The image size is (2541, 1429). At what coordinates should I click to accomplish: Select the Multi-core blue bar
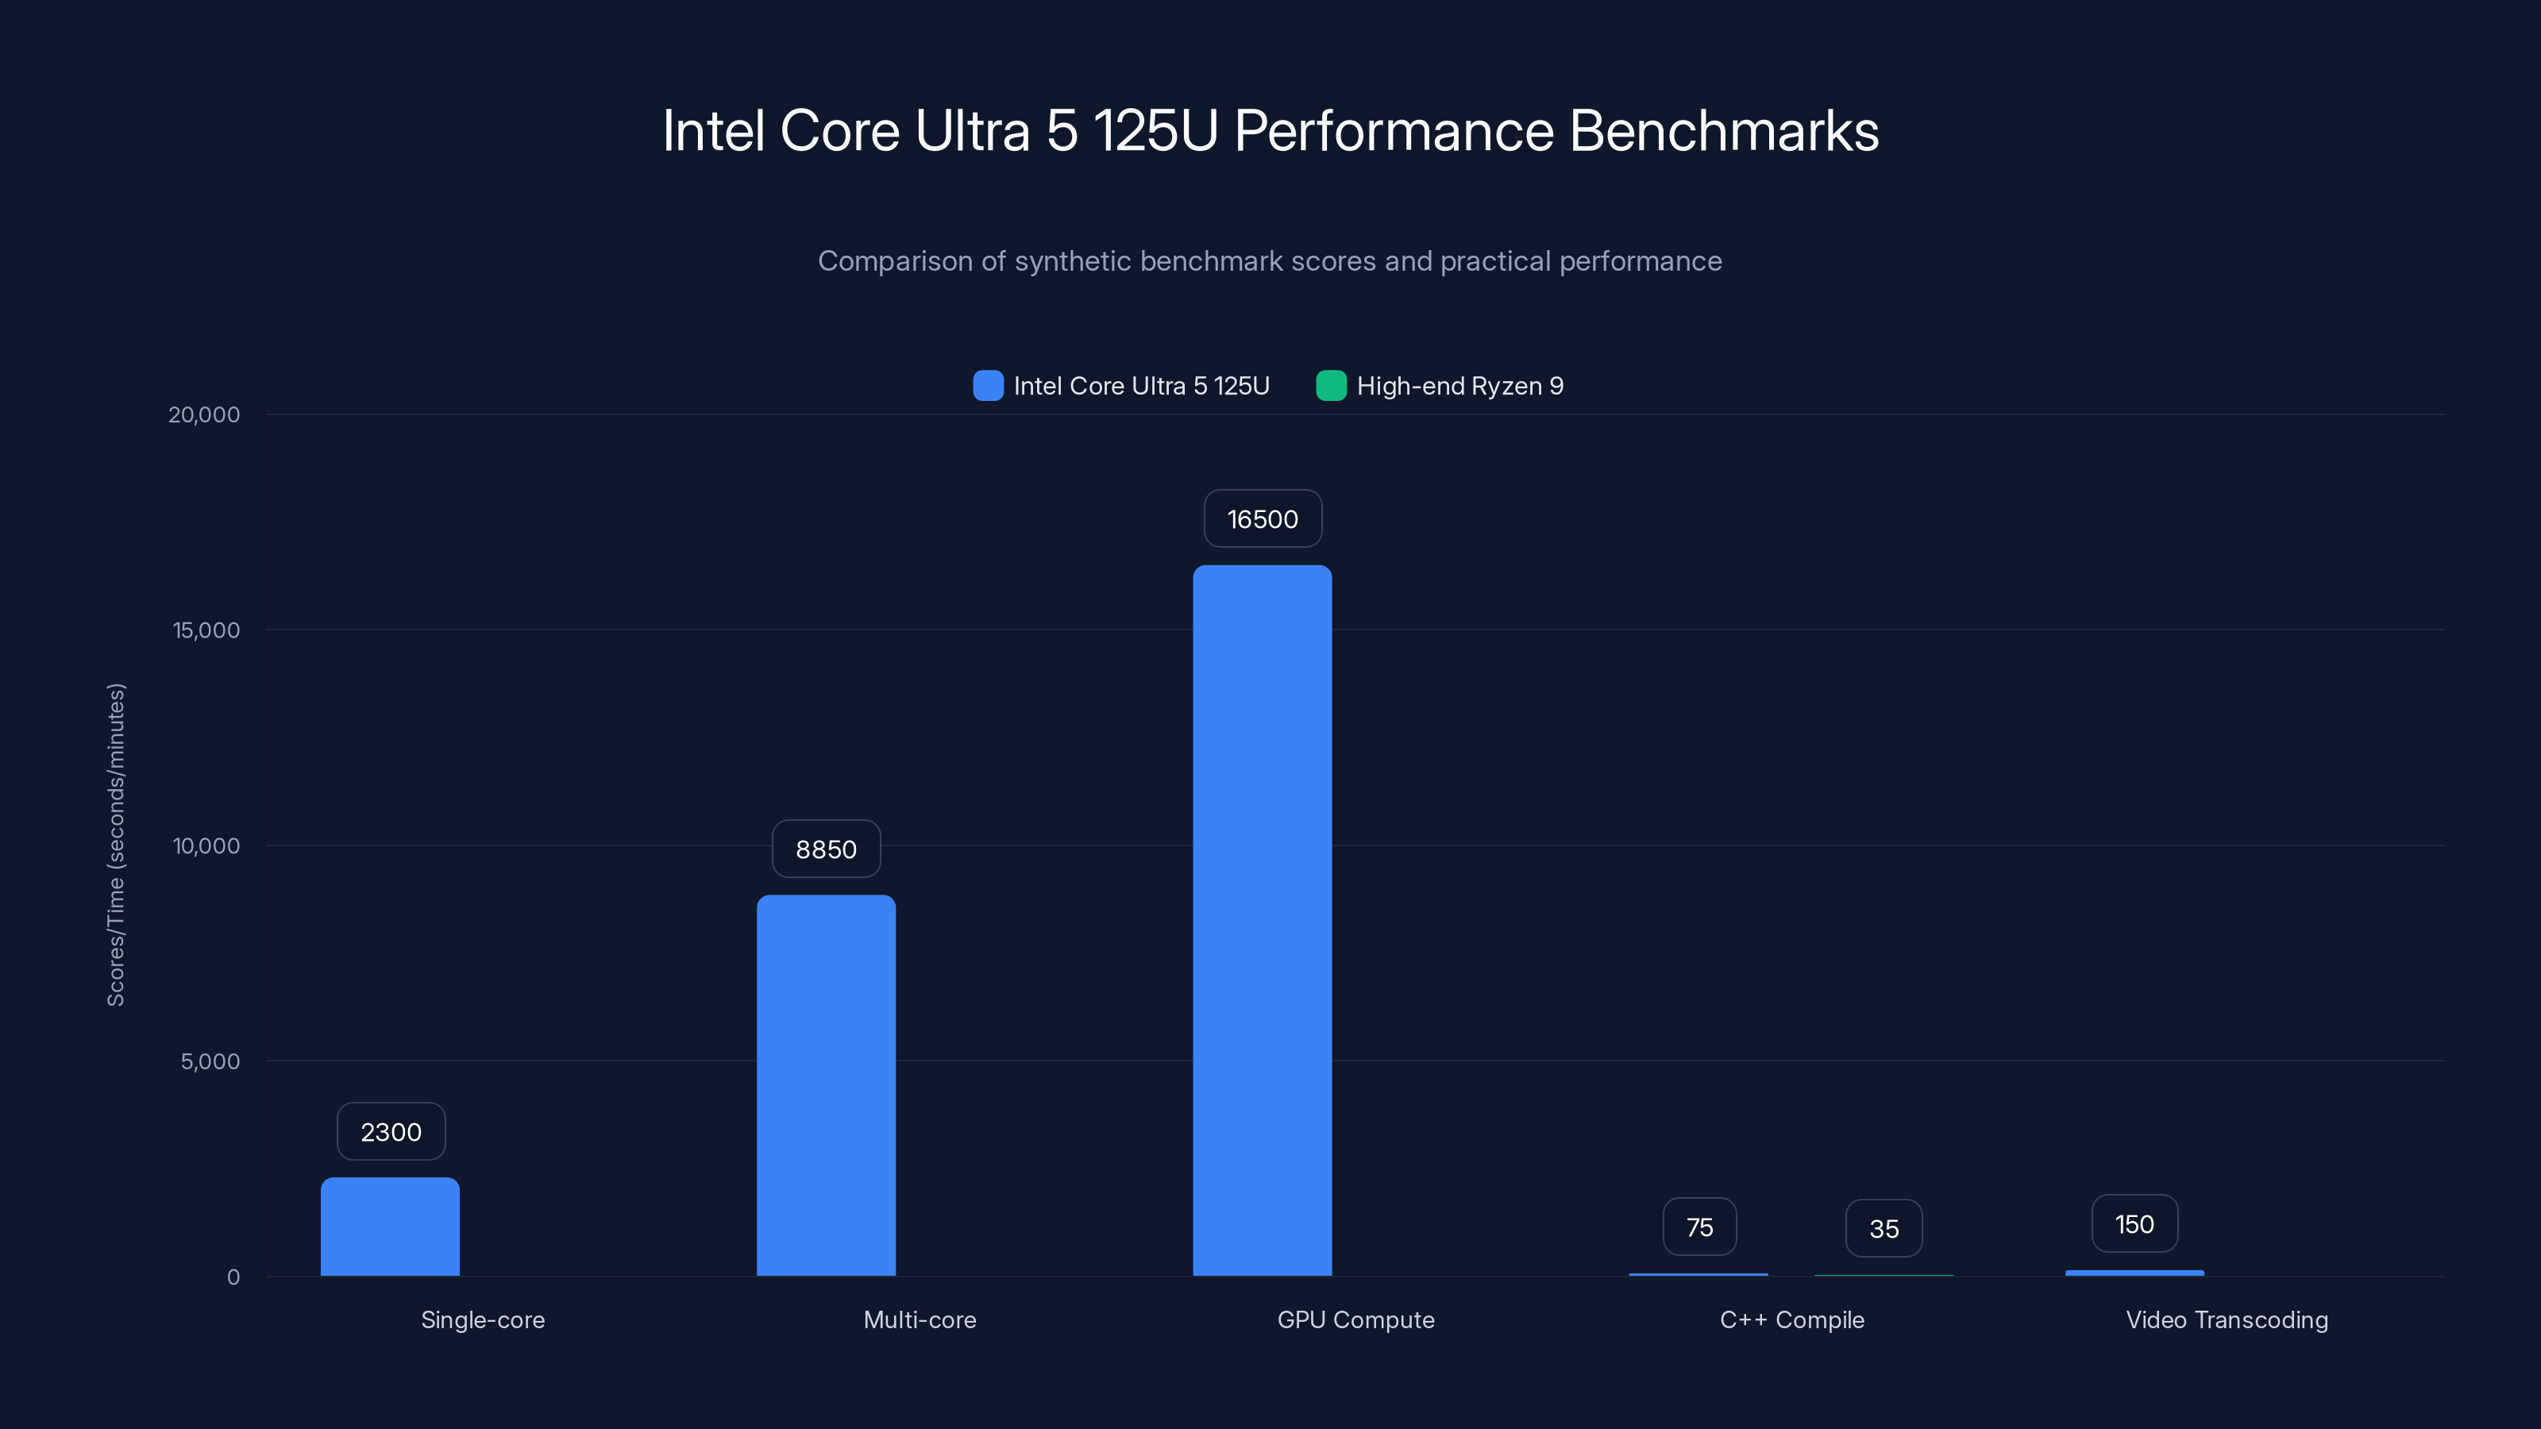(x=826, y=1084)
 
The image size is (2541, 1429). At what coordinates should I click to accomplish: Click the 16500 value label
(x=1262, y=518)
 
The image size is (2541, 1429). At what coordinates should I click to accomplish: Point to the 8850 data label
(x=826, y=849)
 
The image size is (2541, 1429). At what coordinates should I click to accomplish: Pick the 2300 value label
(x=391, y=1131)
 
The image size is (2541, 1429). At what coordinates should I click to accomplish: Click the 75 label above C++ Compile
(x=1698, y=1227)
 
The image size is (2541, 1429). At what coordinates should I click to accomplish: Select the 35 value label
(x=1883, y=1229)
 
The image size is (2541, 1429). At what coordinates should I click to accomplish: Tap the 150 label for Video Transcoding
(x=2134, y=1224)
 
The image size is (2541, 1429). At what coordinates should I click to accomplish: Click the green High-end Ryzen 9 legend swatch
(x=1331, y=386)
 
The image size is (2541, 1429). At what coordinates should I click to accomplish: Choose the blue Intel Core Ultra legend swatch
(x=987, y=386)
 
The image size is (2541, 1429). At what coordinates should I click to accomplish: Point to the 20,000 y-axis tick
(x=204, y=414)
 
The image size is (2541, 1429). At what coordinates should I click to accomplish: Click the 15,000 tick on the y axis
(x=206, y=630)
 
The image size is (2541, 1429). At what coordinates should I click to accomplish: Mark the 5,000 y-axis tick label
(x=210, y=1061)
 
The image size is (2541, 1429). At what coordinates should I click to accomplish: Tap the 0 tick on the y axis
(x=233, y=1277)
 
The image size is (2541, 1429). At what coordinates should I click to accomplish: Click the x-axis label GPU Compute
(x=1355, y=1319)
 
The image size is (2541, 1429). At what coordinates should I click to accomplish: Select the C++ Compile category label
(x=1791, y=1319)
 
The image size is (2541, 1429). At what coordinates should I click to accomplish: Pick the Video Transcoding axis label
(x=2227, y=1319)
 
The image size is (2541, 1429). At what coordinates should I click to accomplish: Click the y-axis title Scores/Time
(x=115, y=844)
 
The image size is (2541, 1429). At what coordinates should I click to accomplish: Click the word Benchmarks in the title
(x=1723, y=130)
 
